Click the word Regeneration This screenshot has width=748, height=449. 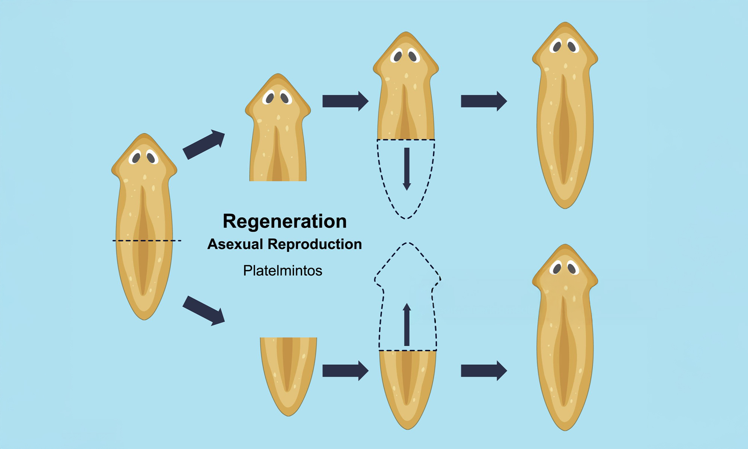285,221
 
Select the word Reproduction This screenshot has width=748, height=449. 315,244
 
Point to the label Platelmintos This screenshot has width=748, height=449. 282,271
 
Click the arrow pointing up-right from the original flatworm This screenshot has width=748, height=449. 204,144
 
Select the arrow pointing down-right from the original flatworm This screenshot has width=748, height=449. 204,311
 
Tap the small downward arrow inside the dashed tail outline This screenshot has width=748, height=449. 407,169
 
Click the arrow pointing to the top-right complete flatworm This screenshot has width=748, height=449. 484,101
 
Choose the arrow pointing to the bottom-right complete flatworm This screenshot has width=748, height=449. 484,371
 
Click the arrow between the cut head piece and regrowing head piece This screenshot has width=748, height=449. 345,101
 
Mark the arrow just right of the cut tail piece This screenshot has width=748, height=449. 345,371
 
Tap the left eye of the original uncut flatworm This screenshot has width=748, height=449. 136,158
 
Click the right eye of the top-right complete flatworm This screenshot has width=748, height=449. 571,47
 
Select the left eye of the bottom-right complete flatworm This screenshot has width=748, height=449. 557,268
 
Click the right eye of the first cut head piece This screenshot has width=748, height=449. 285,98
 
